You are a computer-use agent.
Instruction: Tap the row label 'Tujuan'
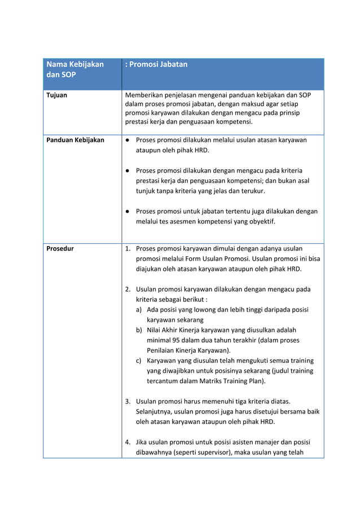56,95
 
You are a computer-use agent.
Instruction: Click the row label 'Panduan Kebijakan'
75,140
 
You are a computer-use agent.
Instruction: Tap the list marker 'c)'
139,361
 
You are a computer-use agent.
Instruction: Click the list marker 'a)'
139,310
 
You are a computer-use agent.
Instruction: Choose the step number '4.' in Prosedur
128,442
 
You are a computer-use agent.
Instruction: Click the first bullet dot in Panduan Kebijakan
129,140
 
